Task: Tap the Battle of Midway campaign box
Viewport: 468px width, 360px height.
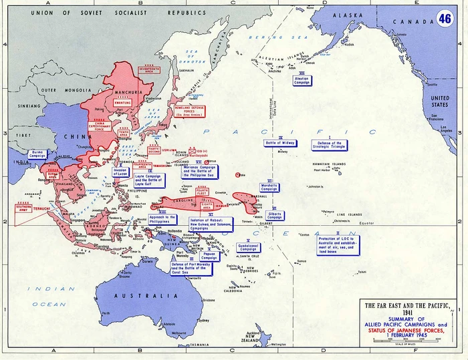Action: tap(281, 143)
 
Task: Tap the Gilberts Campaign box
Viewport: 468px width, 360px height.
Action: tap(275, 216)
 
